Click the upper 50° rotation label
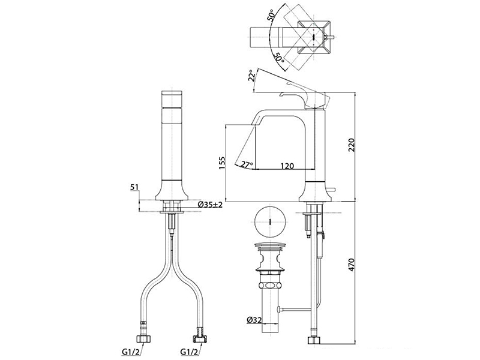(275, 16)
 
